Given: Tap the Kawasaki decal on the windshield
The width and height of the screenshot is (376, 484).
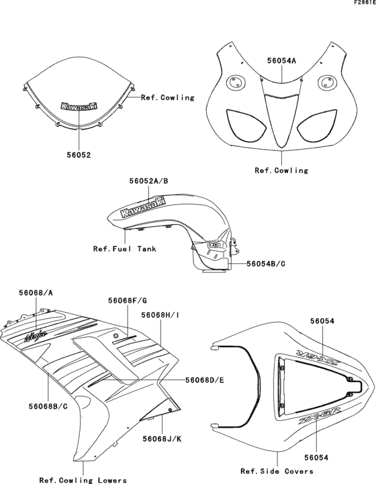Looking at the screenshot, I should click(x=79, y=106).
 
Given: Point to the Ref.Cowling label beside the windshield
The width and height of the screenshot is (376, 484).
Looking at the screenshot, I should click(x=167, y=97).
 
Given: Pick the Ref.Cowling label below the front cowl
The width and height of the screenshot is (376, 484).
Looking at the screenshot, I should click(x=281, y=171).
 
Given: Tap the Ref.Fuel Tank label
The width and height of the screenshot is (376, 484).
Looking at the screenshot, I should click(x=125, y=248).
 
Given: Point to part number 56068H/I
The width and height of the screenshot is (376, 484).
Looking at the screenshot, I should click(x=159, y=313).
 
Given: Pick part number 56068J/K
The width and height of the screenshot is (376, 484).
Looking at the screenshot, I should click(x=161, y=420).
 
